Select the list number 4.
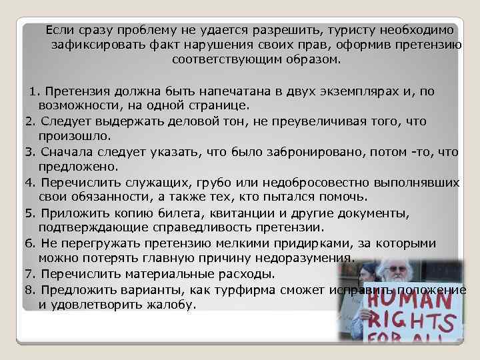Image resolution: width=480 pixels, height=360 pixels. coord(29,182)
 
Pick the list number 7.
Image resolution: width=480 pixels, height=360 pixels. coord(29,274)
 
